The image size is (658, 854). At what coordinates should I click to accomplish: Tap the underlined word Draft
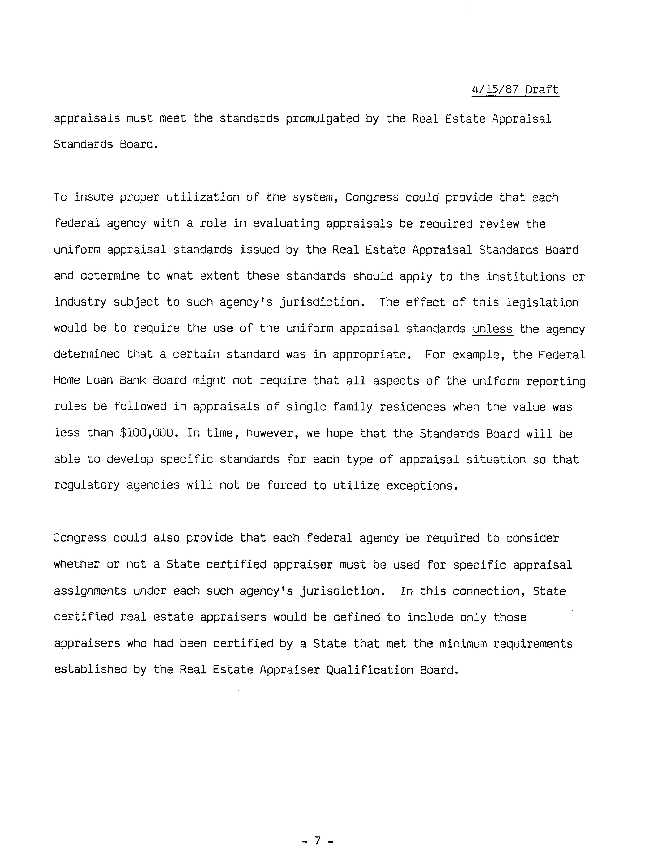coord(542,90)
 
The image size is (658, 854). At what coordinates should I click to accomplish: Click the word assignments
coord(90,591)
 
